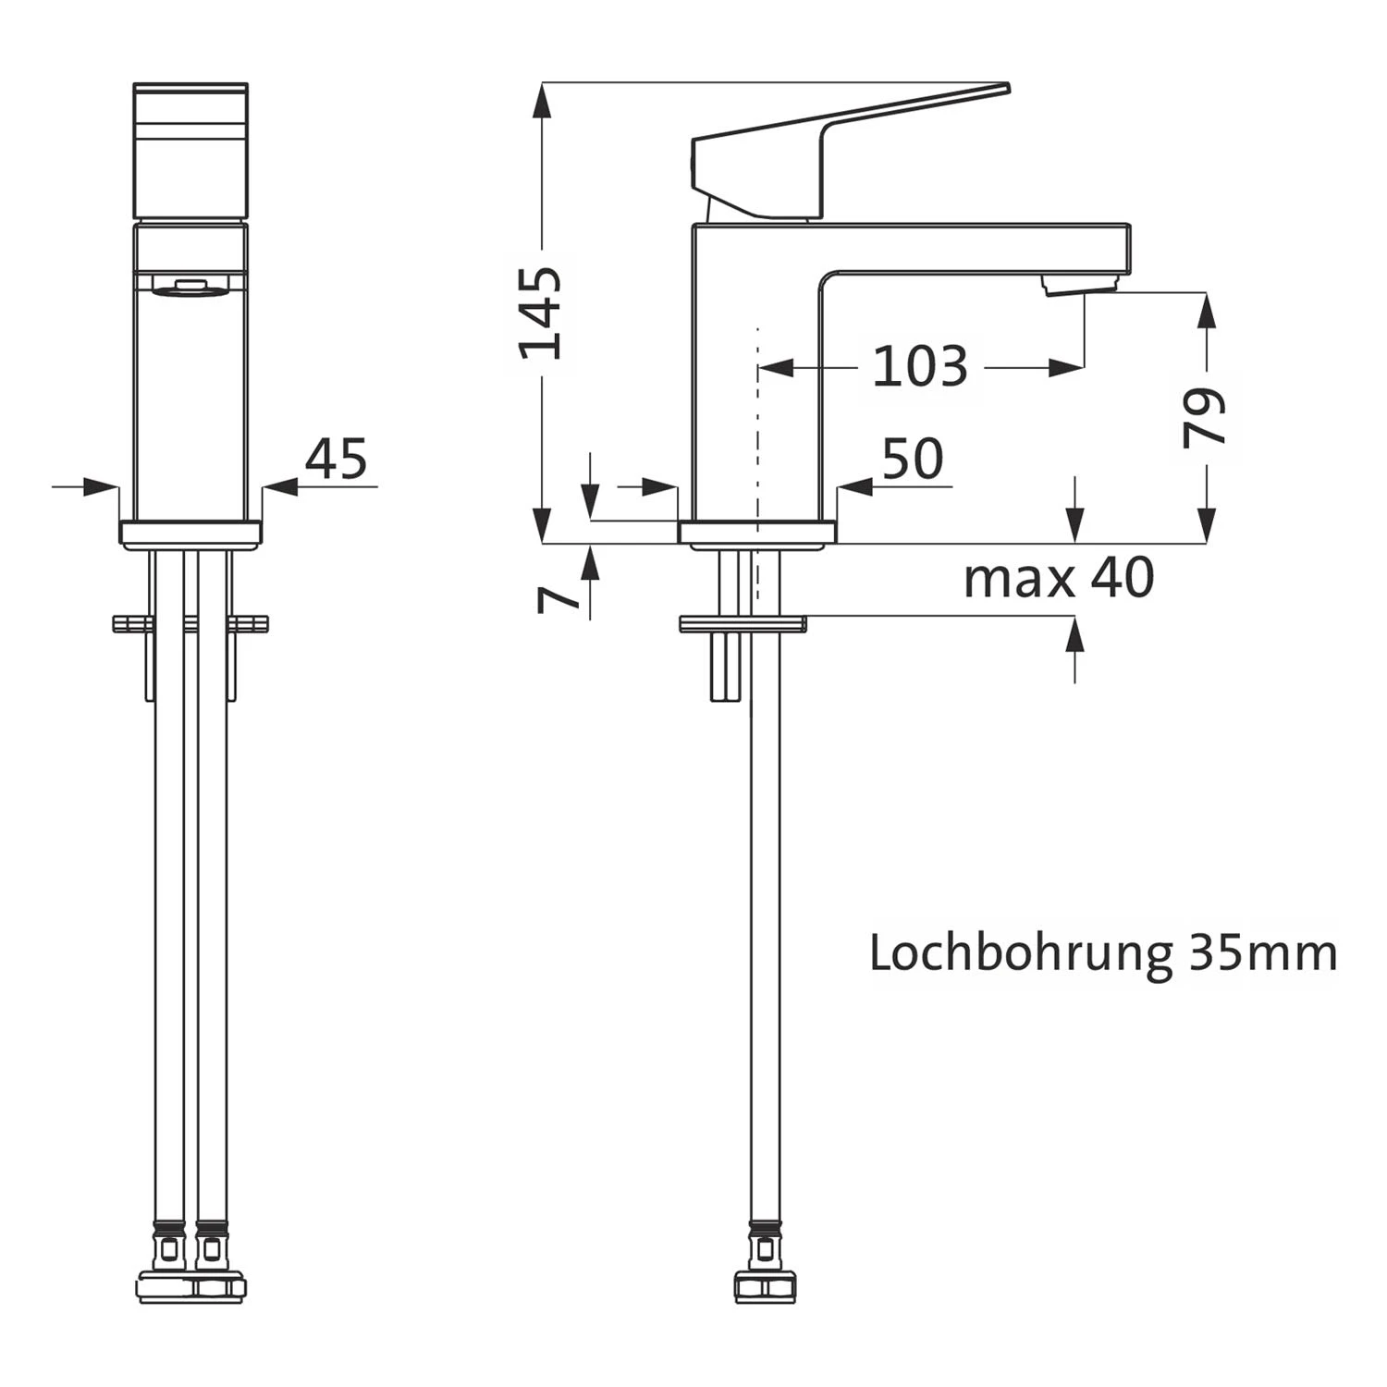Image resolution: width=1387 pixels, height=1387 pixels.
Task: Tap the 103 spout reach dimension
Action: [x=919, y=367]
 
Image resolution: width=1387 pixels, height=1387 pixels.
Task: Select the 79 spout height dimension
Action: [x=1205, y=418]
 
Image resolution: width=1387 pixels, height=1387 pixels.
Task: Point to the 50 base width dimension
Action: [x=912, y=460]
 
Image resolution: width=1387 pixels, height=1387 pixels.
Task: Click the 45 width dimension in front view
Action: [x=336, y=460]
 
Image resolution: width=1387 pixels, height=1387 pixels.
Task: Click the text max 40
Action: [x=1059, y=579]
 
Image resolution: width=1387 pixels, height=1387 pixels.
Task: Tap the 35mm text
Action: [x=1262, y=953]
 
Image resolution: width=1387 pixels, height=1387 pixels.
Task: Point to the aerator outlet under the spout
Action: [x=1080, y=286]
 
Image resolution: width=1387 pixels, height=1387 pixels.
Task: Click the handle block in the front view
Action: [x=190, y=153]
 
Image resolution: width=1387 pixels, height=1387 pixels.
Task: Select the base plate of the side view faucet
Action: [x=757, y=533]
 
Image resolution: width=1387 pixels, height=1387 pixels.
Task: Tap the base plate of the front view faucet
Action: [x=190, y=533]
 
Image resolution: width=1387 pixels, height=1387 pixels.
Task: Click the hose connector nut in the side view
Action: [x=765, y=1287]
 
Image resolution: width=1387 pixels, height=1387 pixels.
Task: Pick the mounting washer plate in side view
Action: [x=743, y=624]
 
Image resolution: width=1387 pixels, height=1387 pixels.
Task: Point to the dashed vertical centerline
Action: [x=757, y=444]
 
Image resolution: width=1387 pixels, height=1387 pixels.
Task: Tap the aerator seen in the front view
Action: [x=190, y=289]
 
